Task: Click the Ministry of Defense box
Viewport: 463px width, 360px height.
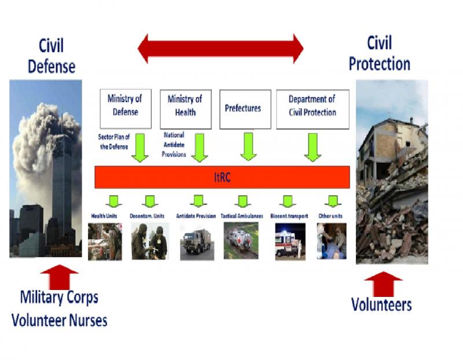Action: (x=125, y=108)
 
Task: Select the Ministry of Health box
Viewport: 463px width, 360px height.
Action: (x=185, y=108)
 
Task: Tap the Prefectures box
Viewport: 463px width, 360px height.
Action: (x=245, y=108)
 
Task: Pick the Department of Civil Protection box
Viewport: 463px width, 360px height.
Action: (x=313, y=108)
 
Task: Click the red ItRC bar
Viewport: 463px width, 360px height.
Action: (x=222, y=177)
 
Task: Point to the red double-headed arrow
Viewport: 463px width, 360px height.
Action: (x=221, y=48)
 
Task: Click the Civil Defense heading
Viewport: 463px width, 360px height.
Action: (x=52, y=56)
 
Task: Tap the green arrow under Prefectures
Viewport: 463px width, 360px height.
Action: (x=248, y=146)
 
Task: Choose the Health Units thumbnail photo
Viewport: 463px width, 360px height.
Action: (x=105, y=241)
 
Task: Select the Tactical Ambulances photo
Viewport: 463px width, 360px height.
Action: (x=241, y=241)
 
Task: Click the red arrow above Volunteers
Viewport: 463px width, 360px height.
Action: (x=383, y=282)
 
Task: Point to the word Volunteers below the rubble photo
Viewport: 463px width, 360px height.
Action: (x=381, y=304)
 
